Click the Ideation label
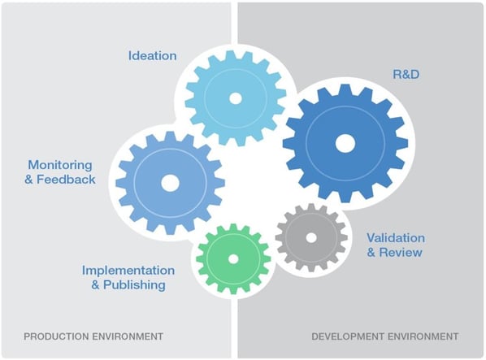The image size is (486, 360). (152, 56)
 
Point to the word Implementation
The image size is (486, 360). (128, 270)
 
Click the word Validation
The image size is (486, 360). (395, 237)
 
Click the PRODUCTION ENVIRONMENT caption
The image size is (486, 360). (93, 336)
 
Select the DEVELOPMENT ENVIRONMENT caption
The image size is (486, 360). (385, 336)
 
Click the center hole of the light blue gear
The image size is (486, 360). (236, 98)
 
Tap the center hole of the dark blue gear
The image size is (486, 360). (345, 143)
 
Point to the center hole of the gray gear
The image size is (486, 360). (311, 238)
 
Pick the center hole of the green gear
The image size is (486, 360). (233, 258)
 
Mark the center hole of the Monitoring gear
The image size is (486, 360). (170, 183)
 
